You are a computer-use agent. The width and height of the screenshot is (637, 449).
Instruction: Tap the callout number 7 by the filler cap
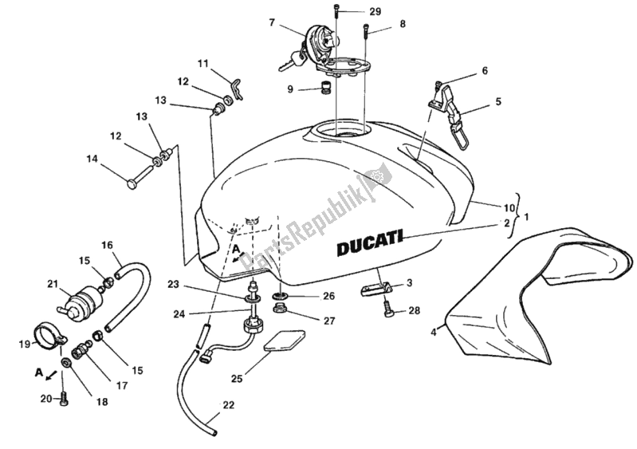pos(272,22)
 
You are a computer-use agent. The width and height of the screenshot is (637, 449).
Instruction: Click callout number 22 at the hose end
pos(229,406)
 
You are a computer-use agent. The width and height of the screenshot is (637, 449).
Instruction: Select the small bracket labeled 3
pos(377,285)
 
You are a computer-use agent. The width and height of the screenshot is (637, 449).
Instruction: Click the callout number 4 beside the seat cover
pos(434,331)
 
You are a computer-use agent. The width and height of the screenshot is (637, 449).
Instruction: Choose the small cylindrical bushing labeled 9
pos(325,85)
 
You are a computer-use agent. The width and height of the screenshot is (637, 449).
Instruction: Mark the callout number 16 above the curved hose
pos(108,245)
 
